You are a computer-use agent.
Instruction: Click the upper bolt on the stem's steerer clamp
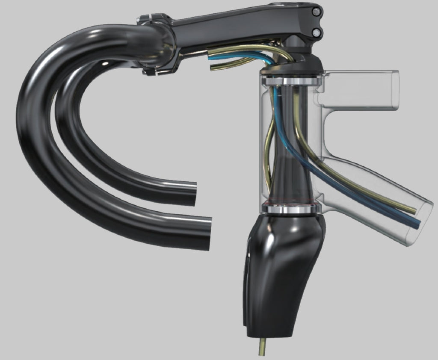click(x=316, y=13)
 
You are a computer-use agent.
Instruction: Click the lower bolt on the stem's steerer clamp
click(x=316, y=32)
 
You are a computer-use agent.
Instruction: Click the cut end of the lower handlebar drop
click(x=210, y=233)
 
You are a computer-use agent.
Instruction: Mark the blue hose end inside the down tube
click(x=416, y=224)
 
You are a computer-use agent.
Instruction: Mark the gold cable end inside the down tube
click(x=413, y=210)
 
